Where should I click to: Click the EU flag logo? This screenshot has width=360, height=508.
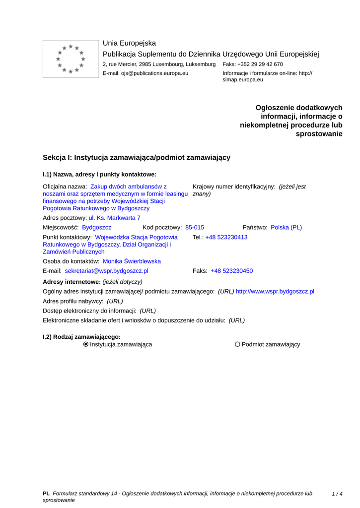click(71, 59)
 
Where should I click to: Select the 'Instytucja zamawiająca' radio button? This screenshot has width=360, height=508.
click(86, 344)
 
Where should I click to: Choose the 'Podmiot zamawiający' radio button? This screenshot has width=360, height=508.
click(238, 344)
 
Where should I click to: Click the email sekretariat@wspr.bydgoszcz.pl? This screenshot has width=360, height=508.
click(106, 271)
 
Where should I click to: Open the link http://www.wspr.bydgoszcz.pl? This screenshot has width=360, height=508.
click(275, 291)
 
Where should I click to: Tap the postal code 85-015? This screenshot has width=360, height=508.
click(195, 227)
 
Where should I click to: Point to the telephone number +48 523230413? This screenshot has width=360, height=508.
click(226, 237)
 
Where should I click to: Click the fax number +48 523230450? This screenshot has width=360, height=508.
click(231, 271)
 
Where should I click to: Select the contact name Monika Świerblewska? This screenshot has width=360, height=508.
click(132, 261)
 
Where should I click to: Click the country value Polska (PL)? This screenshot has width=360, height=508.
click(286, 227)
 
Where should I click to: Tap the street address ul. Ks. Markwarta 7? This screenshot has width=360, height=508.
click(114, 218)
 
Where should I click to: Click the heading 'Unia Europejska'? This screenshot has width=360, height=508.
click(129, 43)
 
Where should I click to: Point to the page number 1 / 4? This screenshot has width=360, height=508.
click(337, 494)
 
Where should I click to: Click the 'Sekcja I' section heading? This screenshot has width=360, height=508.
click(137, 157)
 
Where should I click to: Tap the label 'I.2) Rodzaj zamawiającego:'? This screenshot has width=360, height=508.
click(81, 336)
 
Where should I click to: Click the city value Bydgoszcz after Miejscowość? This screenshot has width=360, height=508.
click(96, 227)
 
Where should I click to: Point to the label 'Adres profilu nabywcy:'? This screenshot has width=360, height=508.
click(73, 301)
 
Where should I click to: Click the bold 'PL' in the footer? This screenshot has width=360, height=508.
click(46, 494)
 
